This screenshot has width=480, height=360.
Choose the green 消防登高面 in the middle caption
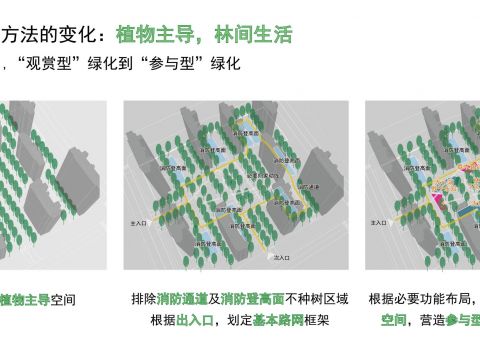tap(246, 299)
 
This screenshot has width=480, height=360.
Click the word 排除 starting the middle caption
tap(142, 299)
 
